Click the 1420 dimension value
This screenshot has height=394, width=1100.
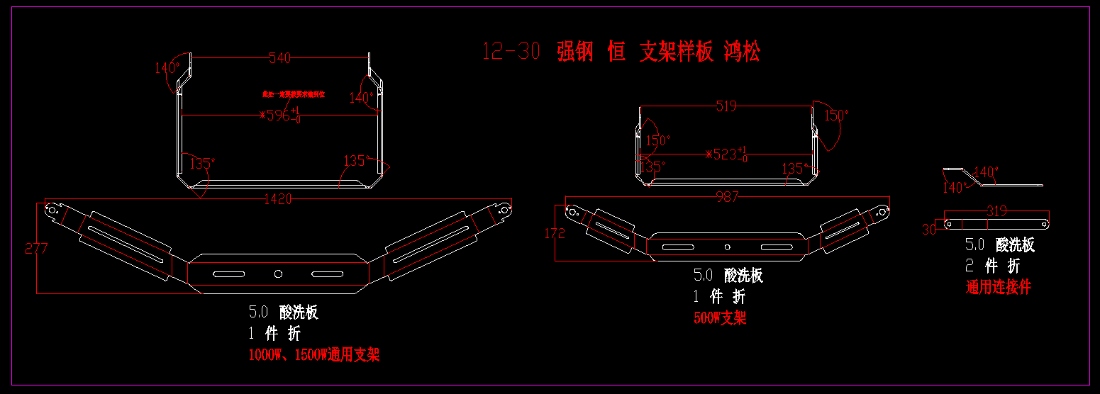click(x=277, y=200)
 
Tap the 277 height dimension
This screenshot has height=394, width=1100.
click(x=36, y=249)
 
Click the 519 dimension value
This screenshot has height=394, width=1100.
click(x=726, y=106)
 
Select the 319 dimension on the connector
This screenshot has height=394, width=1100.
click(x=996, y=211)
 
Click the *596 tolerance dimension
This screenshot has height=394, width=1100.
click(x=280, y=115)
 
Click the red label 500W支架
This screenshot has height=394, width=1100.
click(x=720, y=318)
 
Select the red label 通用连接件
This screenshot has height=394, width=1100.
click(x=999, y=288)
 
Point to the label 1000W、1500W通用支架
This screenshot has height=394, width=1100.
click(x=314, y=355)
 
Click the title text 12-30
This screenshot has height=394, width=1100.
click(x=511, y=52)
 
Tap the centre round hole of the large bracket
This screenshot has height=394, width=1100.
click(x=278, y=274)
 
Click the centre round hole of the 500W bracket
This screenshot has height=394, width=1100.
click(x=727, y=247)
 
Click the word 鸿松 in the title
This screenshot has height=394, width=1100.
click(x=742, y=52)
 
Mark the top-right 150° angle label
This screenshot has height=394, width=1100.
click(x=836, y=115)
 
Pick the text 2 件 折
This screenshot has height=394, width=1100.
click(x=993, y=266)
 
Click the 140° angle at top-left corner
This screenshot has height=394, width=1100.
click(x=167, y=68)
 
